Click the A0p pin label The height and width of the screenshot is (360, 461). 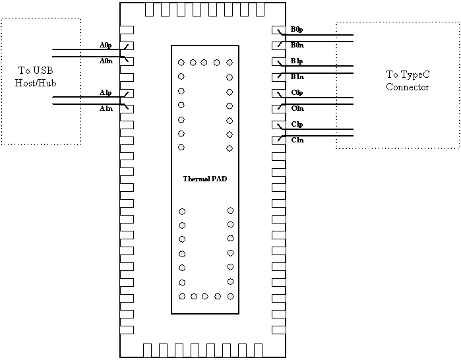click(x=106, y=45)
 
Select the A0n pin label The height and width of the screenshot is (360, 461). click(x=106, y=61)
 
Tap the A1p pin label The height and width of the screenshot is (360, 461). click(x=106, y=92)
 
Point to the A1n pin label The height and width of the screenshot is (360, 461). click(x=106, y=108)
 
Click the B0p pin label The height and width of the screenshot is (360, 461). click(x=297, y=30)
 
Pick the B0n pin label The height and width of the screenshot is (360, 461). click(x=297, y=45)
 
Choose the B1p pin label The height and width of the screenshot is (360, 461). click(x=297, y=61)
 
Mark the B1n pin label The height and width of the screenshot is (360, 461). click(x=297, y=77)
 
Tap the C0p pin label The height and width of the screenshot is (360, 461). click(x=297, y=92)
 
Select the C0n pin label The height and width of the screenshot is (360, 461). click(x=297, y=108)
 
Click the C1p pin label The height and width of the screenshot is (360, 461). click(x=297, y=124)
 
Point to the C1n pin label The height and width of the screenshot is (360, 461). click(x=297, y=140)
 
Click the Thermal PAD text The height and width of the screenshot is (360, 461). click(x=204, y=179)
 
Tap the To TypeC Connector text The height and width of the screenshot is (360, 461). click(x=408, y=81)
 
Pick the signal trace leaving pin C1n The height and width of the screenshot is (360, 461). click(x=323, y=136)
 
